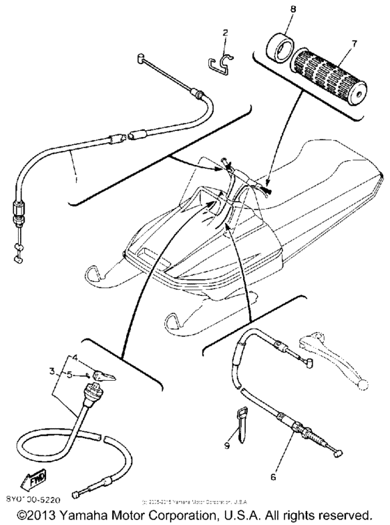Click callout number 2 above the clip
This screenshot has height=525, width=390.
225,33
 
